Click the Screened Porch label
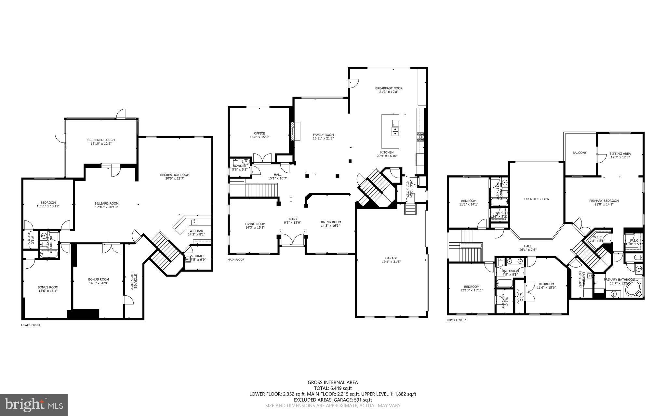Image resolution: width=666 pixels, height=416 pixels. click(101, 140)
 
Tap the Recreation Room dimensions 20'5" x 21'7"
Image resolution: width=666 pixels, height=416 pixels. click(175, 179)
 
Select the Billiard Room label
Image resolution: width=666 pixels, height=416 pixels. click(107, 204)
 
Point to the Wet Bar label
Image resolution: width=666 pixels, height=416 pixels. click(196, 231)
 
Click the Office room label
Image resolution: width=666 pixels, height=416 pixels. click(259, 133)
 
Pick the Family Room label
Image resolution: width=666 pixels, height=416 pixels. click(323, 135)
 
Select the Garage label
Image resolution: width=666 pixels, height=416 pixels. click(391, 258)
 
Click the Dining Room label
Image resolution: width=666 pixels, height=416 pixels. click(330, 222)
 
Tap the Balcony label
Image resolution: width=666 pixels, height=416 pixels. click(579, 153)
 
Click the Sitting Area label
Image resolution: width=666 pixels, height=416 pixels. click(620, 154)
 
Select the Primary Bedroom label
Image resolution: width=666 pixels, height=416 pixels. click(604, 201)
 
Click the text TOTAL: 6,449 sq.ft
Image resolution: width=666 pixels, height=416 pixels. click(333, 388)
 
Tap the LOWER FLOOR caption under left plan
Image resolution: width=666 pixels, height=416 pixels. click(31, 325)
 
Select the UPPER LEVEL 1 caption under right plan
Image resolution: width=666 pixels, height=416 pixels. click(457, 320)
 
